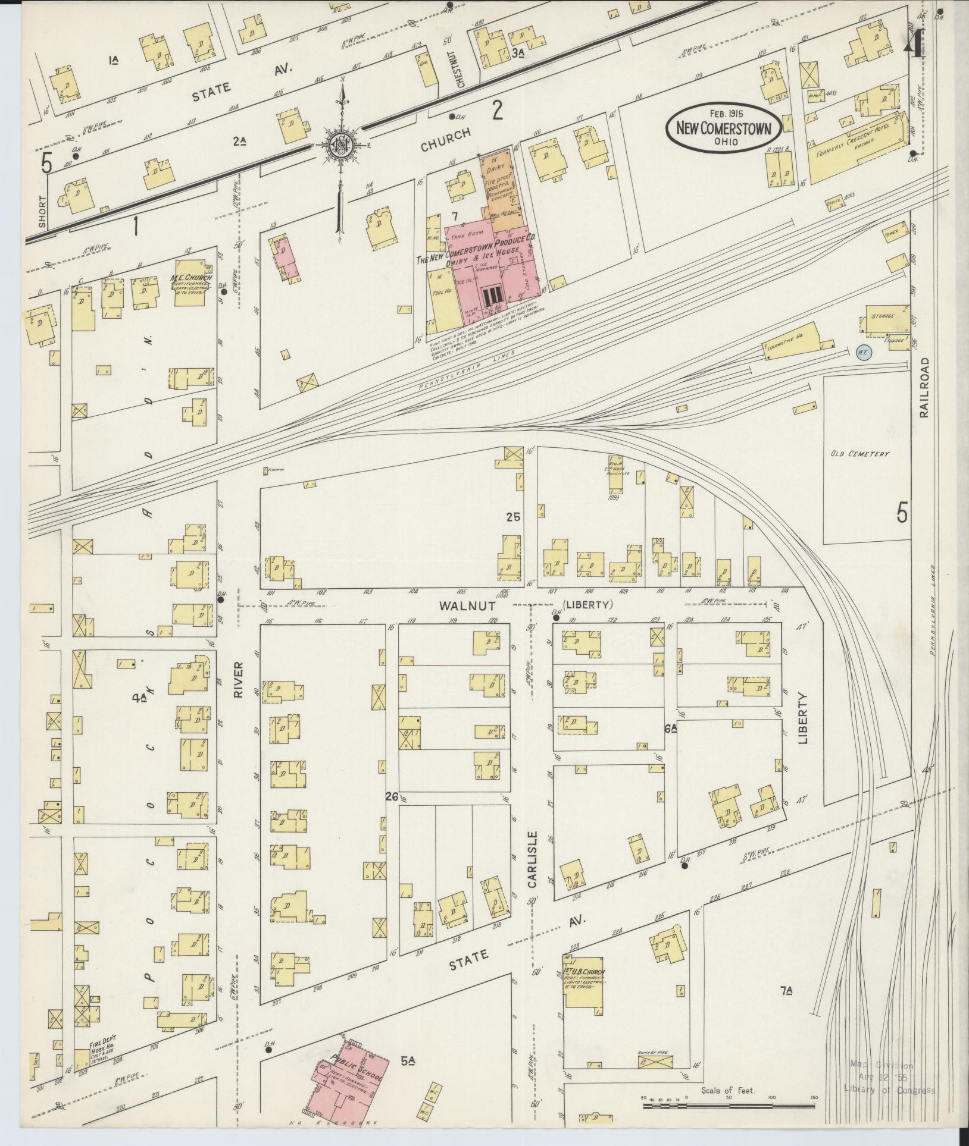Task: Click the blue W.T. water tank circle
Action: pyautogui.click(x=863, y=351)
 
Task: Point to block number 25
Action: pyautogui.click(x=513, y=517)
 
